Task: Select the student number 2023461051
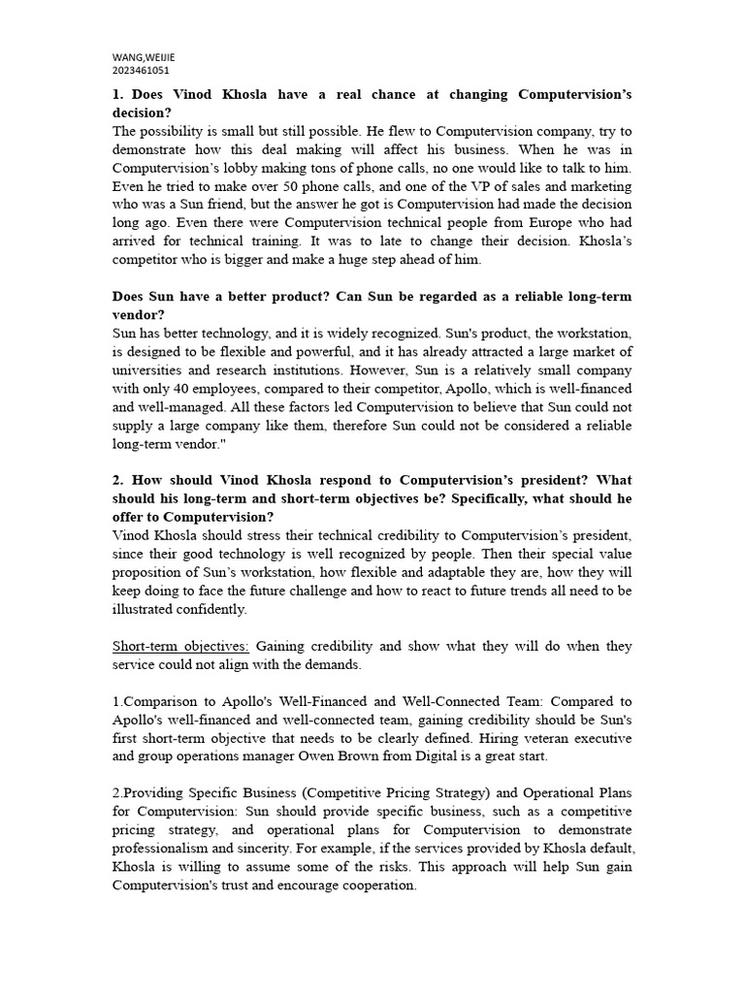pos(142,71)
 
